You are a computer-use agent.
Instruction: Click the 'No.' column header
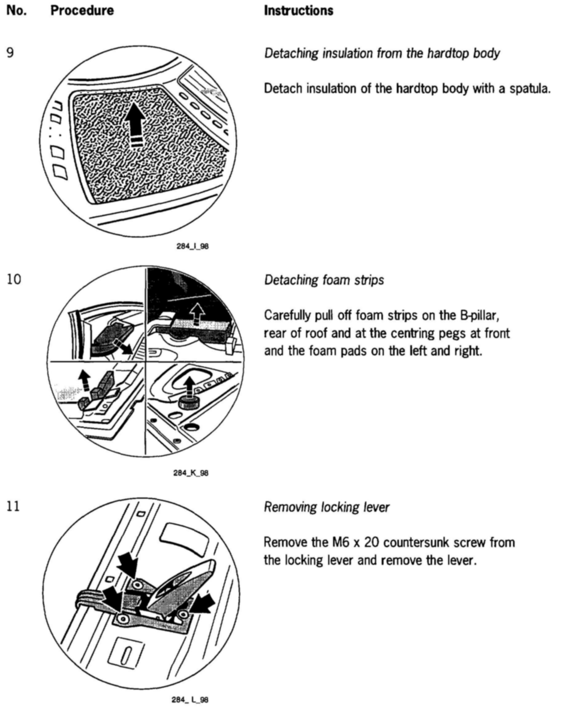pos(16,10)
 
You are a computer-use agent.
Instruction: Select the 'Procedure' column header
pos(82,10)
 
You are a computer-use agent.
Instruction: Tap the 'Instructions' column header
pos(299,10)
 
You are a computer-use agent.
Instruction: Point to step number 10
pos(14,280)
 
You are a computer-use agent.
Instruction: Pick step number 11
pos(13,506)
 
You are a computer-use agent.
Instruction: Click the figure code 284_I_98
pos(193,246)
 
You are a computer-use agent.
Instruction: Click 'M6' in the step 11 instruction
pos(339,542)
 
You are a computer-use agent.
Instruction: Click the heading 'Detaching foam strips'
pos(324,280)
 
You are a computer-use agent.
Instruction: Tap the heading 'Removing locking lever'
pos(327,507)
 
